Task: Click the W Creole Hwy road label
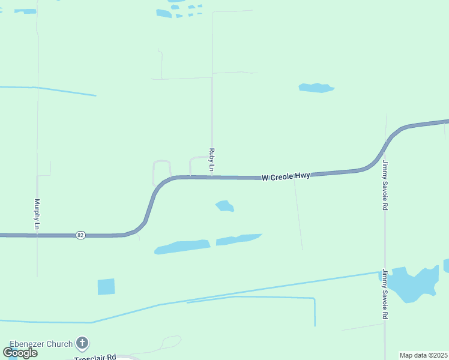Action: (x=286, y=177)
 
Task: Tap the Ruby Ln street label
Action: (x=211, y=160)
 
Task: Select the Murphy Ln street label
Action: (x=37, y=214)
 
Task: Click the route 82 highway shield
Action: (x=80, y=235)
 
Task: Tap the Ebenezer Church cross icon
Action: (x=83, y=344)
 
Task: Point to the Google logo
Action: (x=20, y=352)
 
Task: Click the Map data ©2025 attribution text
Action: (x=423, y=355)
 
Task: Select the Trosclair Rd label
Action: (x=95, y=358)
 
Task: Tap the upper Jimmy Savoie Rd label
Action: (x=385, y=185)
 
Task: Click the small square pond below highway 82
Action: (x=106, y=287)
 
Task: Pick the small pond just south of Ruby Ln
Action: (x=225, y=206)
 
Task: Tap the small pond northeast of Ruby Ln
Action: (x=316, y=88)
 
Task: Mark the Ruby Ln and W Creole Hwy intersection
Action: (x=212, y=177)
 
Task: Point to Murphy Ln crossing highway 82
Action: (x=37, y=235)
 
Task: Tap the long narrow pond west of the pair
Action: (x=182, y=247)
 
